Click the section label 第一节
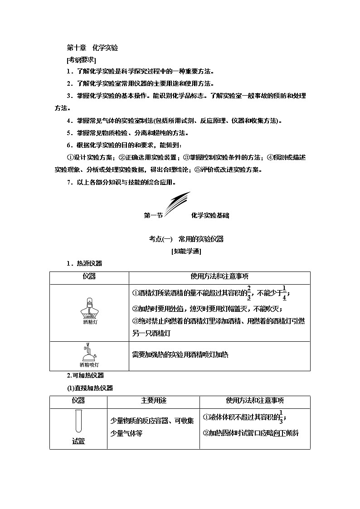coord(153,216)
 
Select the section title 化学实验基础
coord(210,216)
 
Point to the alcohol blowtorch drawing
coord(89,351)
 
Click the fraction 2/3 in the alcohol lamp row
coord(249,293)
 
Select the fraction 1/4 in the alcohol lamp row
coord(284,293)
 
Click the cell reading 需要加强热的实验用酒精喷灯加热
coord(180,355)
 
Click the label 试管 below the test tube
coord(78,441)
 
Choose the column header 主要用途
coord(154,401)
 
